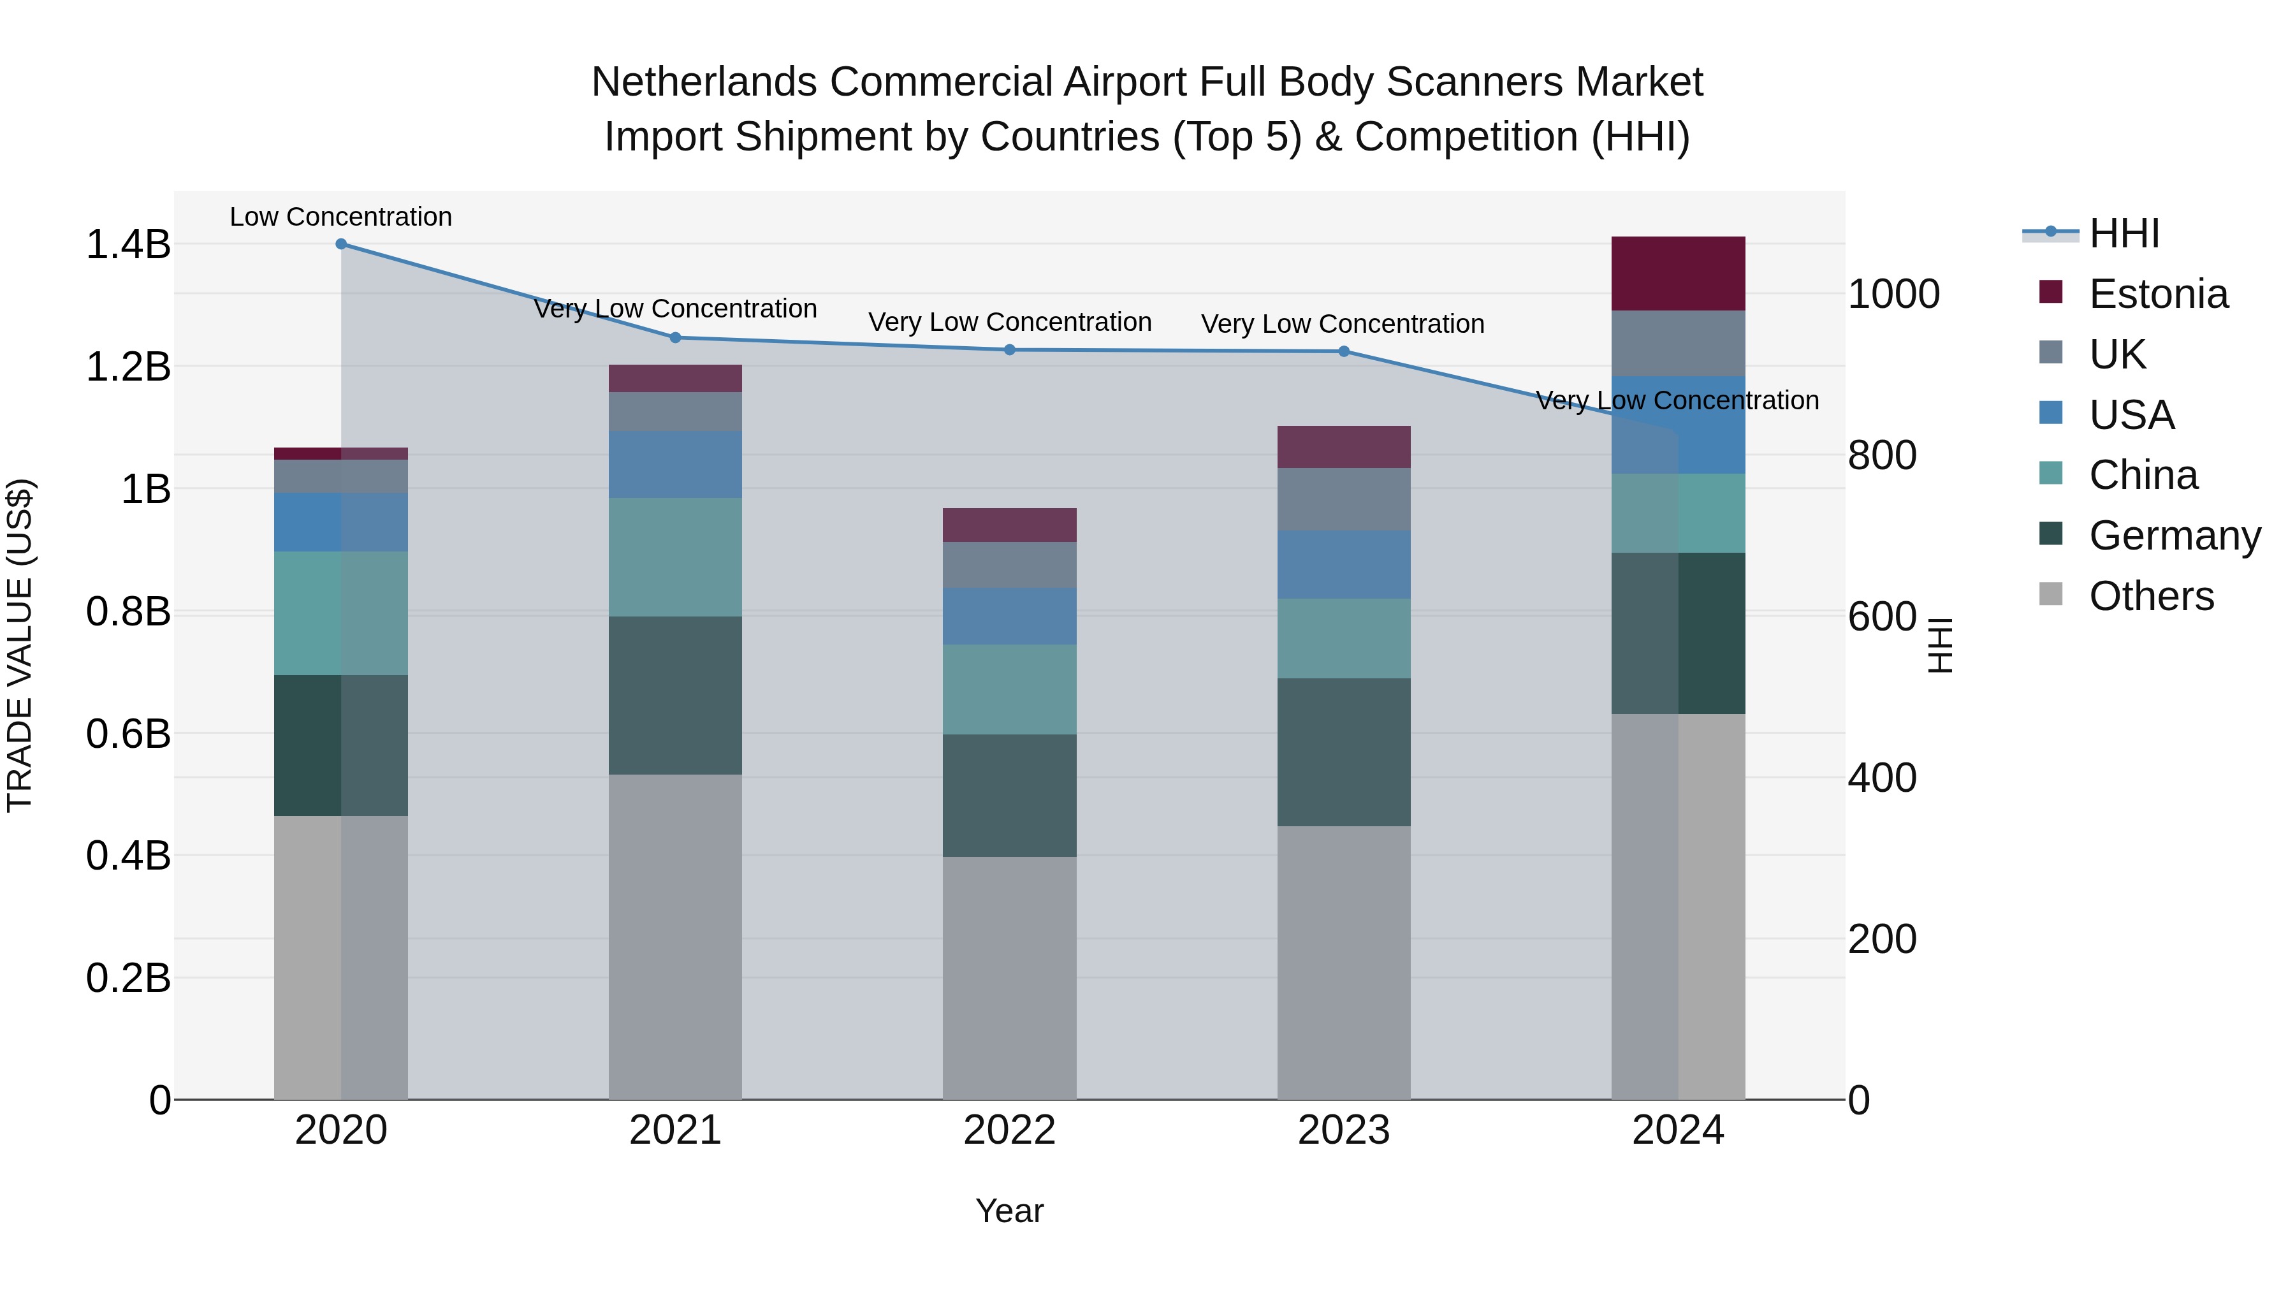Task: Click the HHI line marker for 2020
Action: click(341, 244)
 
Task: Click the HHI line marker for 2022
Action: click(1009, 349)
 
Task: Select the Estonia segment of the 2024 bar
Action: click(1678, 274)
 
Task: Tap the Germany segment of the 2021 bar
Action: click(675, 695)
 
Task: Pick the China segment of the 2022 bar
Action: click(1009, 689)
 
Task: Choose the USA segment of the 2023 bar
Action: click(1343, 564)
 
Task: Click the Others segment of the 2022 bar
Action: click(1009, 977)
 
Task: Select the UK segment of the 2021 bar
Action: click(675, 412)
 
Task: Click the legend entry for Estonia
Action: click(2158, 294)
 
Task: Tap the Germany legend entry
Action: click(2174, 536)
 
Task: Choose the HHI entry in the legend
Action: click(2124, 233)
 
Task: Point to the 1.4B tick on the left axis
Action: click(127, 244)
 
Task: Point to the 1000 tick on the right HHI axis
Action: click(1893, 294)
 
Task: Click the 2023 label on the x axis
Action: click(1343, 1130)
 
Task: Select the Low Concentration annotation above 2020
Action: click(341, 217)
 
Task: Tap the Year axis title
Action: click(1009, 1211)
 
